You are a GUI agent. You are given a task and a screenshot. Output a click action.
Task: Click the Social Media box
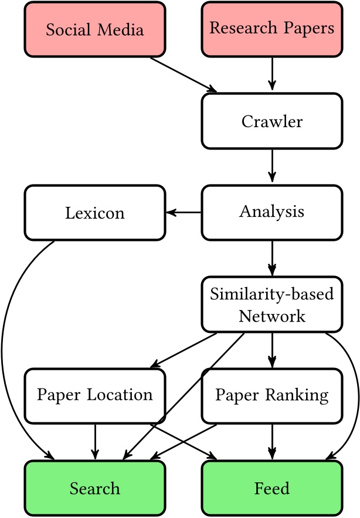pyautogui.click(x=94, y=29)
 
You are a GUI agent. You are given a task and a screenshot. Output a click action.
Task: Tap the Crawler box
pyautogui.click(x=272, y=121)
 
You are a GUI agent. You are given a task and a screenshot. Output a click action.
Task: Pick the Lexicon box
pyautogui.click(x=94, y=213)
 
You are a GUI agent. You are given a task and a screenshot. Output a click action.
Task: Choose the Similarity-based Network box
pyautogui.click(x=272, y=305)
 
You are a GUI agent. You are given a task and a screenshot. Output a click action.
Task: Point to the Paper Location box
pyautogui.click(x=94, y=396)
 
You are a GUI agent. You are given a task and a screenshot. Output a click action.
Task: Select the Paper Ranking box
pyautogui.click(x=272, y=396)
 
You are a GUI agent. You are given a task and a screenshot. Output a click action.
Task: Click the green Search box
pyautogui.click(x=94, y=488)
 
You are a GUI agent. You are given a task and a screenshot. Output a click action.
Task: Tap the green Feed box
pyautogui.click(x=272, y=488)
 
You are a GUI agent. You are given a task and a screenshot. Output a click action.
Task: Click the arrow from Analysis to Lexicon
pyautogui.click(x=184, y=213)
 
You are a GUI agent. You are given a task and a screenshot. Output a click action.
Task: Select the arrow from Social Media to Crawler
pyautogui.click(x=183, y=74)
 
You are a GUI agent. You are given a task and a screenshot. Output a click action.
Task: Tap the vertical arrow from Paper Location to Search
pyautogui.click(x=94, y=441)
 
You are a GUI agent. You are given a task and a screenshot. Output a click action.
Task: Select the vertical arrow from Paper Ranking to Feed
pyautogui.click(x=272, y=441)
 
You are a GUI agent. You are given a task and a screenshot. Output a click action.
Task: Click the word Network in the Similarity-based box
pyautogui.click(x=272, y=316)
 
